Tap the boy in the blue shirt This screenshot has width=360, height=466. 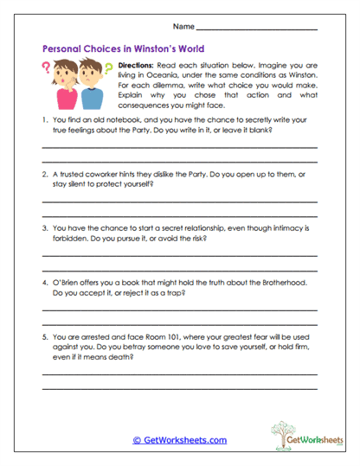(x=74, y=86)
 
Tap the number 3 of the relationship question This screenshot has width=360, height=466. (x=45, y=229)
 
